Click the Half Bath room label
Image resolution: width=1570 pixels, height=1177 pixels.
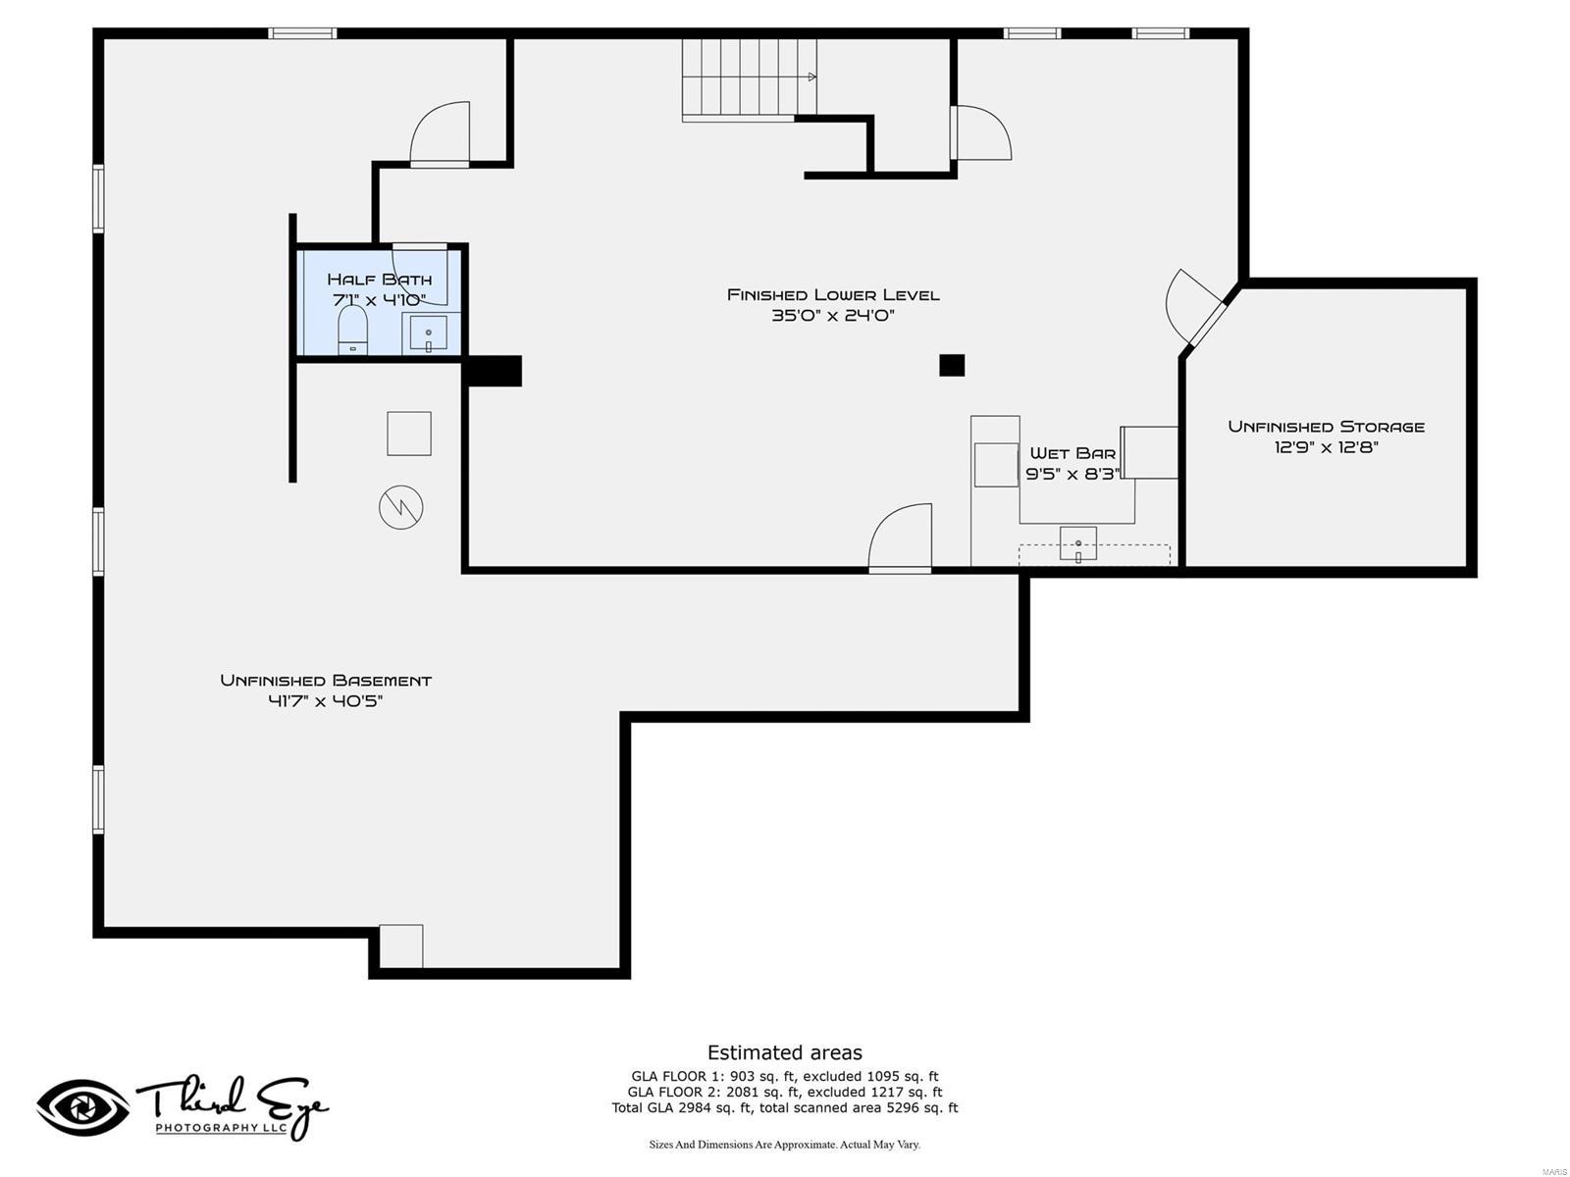tap(379, 280)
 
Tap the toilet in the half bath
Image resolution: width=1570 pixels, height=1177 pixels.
tap(352, 330)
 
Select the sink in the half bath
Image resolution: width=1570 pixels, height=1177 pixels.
tap(429, 333)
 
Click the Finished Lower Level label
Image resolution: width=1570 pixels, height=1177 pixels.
tap(833, 294)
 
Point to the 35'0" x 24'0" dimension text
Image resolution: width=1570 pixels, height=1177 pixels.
tap(833, 316)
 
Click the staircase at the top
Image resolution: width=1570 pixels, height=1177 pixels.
tap(750, 78)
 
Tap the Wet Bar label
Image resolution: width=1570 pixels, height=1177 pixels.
tap(1073, 453)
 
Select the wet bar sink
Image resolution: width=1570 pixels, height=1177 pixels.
tap(1077, 543)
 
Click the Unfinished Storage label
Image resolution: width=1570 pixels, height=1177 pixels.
tap(1326, 427)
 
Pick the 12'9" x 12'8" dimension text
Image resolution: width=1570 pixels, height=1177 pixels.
tap(1326, 447)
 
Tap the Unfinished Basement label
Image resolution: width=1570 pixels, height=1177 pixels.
tap(326, 681)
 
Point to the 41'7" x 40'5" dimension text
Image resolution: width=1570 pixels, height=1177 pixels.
tap(326, 701)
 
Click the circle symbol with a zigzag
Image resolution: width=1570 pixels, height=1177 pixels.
tap(401, 507)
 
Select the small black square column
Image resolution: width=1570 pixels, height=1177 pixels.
tap(952, 365)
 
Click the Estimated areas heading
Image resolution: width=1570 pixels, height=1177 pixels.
tap(784, 1052)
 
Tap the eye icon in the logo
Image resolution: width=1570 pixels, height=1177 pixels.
tap(82, 1107)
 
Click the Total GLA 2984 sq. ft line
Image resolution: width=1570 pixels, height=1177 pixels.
tap(784, 1108)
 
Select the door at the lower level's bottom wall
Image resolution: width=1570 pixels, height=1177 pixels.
tap(900, 539)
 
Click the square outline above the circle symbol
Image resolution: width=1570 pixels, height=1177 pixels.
tap(409, 434)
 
